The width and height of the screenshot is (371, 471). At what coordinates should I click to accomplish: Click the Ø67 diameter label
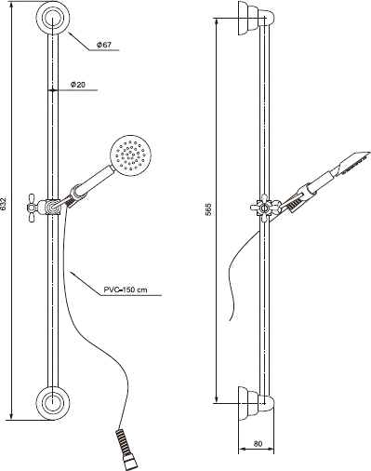104,45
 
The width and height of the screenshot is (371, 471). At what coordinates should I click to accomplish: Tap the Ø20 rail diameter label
78,85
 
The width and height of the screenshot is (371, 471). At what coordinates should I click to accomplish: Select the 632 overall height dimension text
4,205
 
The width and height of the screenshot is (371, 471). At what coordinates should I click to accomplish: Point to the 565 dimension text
208,209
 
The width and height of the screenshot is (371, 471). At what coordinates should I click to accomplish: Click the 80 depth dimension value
258,444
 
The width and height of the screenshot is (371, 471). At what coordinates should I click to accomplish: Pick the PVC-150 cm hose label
126,290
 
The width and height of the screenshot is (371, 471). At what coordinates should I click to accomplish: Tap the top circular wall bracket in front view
53,18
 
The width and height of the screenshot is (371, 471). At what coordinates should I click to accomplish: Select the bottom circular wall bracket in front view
53,403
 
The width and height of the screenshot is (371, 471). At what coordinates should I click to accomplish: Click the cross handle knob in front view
33,208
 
